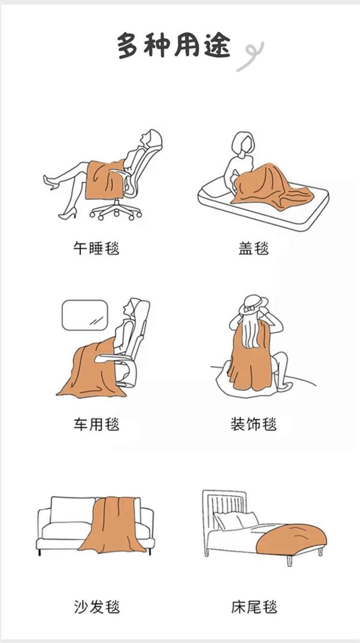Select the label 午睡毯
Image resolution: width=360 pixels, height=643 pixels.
(96, 248)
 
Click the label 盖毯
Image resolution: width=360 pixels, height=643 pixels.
(253, 248)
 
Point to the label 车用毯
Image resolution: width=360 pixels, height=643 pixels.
(96, 425)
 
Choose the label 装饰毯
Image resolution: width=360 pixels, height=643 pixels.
(253, 425)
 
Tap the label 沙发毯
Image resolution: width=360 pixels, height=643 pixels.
(96, 607)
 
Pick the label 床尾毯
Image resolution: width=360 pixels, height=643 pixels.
(254, 607)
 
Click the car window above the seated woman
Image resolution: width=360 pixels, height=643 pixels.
(85, 315)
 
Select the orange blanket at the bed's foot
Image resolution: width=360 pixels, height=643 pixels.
(291, 538)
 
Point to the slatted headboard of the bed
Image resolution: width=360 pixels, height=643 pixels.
(224, 505)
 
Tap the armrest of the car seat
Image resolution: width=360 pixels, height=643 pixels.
(115, 358)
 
